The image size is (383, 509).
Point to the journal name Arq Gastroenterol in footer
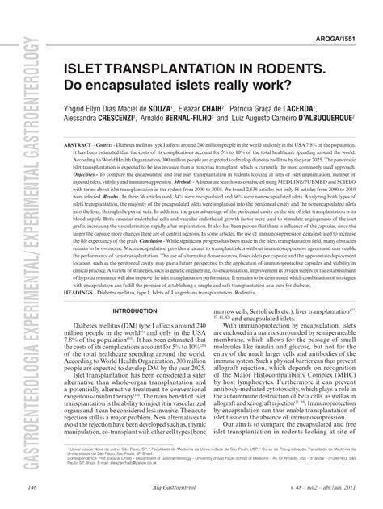click(x=198, y=487)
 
